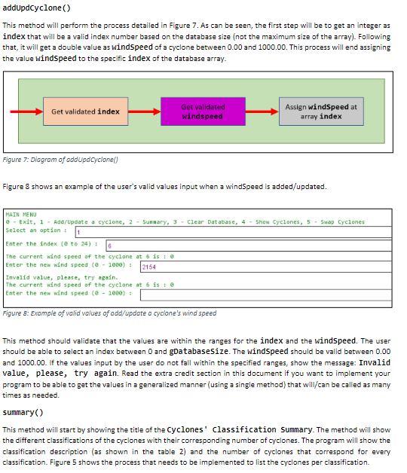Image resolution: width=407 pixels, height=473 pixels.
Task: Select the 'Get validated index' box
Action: (x=85, y=111)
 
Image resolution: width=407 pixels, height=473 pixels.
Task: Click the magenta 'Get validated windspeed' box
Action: (x=203, y=111)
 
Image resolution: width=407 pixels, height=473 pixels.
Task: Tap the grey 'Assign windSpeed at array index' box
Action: (x=321, y=111)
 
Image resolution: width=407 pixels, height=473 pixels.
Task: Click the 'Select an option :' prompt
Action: (x=34, y=230)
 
